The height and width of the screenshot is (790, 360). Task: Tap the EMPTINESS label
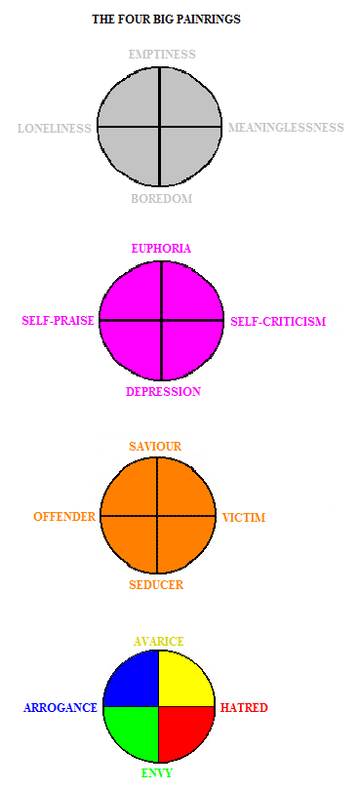162,54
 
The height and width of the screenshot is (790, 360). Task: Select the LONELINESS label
55,129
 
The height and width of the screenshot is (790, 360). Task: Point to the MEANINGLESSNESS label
286,128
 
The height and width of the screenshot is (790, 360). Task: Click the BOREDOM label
162,199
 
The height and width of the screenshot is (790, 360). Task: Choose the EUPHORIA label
161,249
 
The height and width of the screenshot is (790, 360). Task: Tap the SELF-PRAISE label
58,321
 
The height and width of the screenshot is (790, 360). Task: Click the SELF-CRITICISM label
278,321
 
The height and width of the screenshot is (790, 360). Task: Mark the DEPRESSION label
163,391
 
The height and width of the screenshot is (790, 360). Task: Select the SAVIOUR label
155,447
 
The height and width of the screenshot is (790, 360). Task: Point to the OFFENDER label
64,516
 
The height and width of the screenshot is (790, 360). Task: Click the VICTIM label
244,518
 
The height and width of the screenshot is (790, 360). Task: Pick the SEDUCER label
156,585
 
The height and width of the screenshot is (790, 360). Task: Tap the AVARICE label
159,642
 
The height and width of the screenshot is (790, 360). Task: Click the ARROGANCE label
60,708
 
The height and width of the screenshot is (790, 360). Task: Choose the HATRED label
244,708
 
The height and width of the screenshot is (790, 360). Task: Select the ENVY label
158,773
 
